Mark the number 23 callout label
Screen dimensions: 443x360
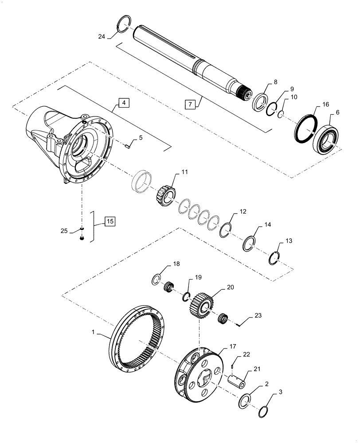click(x=258, y=316)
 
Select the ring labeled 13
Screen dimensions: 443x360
click(x=275, y=257)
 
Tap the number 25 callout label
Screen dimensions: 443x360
click(x=65, y=230)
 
